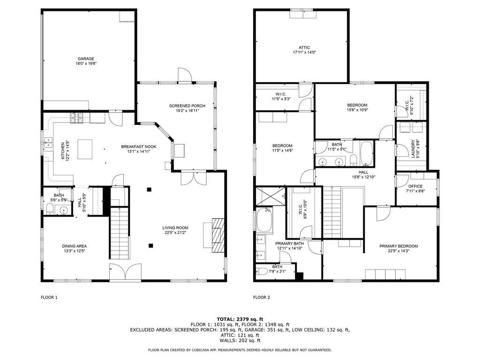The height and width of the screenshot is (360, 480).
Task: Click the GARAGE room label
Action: point(86,59)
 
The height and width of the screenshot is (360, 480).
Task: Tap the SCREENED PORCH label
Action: point(187,106)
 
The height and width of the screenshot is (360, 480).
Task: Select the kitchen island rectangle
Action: point(85,149)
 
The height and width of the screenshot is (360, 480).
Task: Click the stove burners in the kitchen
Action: point(77,118)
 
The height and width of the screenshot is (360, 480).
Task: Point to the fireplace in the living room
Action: point(218,235)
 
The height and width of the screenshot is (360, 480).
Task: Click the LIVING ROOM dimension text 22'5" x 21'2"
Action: point(175,232)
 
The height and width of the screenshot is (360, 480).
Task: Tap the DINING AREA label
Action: point(75,246)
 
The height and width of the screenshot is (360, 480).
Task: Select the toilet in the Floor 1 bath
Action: point(50,209)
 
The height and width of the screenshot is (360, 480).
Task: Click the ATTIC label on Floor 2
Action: point(304,47)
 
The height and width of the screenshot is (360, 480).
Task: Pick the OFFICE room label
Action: point(415,186)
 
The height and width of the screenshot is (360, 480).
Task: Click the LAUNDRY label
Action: point(413,149)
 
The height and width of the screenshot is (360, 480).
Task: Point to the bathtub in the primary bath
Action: point(264,221)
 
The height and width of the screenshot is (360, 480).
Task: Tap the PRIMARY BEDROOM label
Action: point(398,246)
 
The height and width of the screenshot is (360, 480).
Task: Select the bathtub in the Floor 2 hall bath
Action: point(367,153)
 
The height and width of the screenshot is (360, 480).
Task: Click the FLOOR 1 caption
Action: point(49,297)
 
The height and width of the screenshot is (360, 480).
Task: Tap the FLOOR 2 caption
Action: point(262,297)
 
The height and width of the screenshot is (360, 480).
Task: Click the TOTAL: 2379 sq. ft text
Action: point(240,319)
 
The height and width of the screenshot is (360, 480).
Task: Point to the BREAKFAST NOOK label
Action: point(139,147)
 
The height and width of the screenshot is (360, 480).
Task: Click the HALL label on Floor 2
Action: point(363,172)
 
